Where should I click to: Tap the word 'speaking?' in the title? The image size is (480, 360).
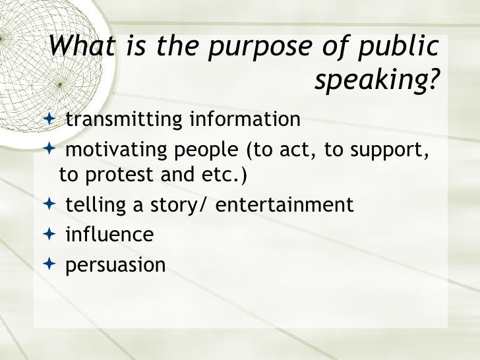coord(376,82)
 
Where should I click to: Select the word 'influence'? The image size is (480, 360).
coord(109,234)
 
